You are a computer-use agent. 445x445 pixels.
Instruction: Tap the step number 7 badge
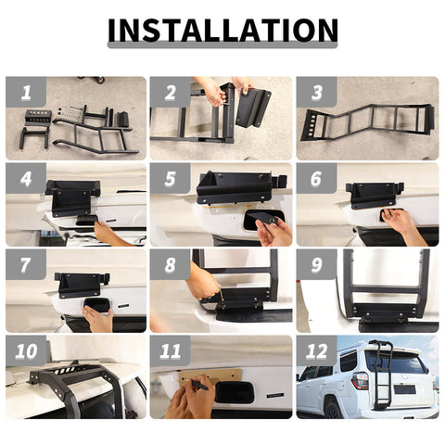click(25, 264)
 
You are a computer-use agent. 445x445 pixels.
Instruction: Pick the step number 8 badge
click(171, 264)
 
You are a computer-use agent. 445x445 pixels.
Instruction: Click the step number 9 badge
click(316, 264)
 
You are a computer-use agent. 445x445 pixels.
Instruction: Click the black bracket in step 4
click(71, 196)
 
